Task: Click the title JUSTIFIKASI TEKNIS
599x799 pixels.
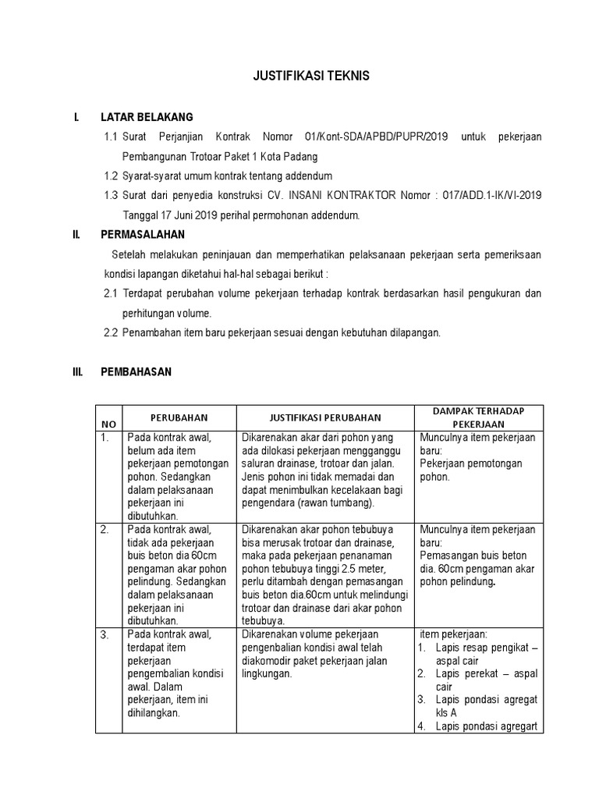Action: point(300,76)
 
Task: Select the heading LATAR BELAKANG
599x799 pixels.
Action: point(147,118)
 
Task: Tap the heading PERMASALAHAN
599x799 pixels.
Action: point(143,234)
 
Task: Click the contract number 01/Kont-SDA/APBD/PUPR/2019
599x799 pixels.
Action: point(377,137)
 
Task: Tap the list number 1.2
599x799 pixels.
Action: point(111,176)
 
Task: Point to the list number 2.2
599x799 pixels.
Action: point(111,332)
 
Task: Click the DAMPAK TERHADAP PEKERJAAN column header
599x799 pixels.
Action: point(479,417)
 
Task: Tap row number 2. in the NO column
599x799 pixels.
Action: point(105,530)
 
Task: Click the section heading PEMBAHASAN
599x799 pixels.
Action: point(136,372)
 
